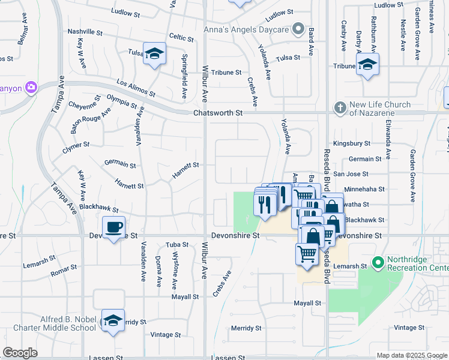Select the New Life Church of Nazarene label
381,109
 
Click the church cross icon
340,108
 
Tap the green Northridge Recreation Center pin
378,263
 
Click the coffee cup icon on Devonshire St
113,227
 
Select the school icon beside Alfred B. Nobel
112,320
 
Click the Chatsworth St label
217,113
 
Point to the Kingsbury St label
352,144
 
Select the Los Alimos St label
136,89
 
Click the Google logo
20,353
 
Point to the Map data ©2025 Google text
411,355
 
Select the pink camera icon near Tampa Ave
31,88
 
